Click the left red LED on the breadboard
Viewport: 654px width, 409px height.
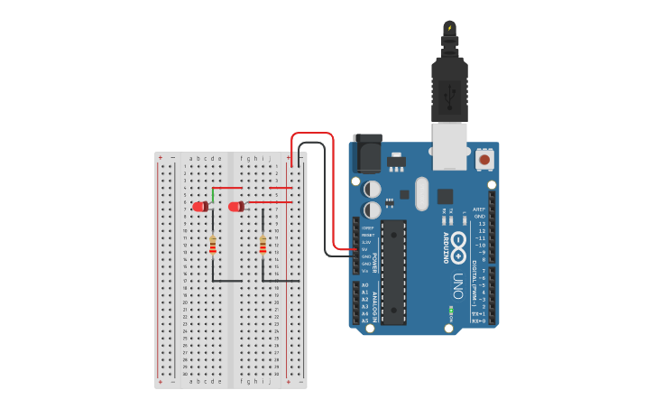tap(200, 207)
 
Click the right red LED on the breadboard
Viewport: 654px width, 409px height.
tap(236, 207)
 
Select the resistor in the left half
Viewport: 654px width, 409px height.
tap(213, 245)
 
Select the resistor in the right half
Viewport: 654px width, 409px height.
tap(263, 245)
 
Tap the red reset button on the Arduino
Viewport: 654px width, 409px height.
tap(485, 160)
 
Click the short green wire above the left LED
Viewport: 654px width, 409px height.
tap(213, 195)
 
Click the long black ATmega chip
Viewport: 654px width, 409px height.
tap(393, 271)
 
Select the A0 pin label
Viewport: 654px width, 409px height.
tap(364, 285)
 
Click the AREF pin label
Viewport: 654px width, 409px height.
tap(479, 209)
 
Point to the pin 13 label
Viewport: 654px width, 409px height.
tap(481, 223)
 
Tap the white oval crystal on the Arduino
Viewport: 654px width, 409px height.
tap(421, 193)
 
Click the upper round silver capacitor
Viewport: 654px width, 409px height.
tap(372, 189)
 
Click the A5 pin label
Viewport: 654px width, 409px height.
tap(364, 321)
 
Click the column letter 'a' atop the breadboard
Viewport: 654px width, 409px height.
tap(191, 158)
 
